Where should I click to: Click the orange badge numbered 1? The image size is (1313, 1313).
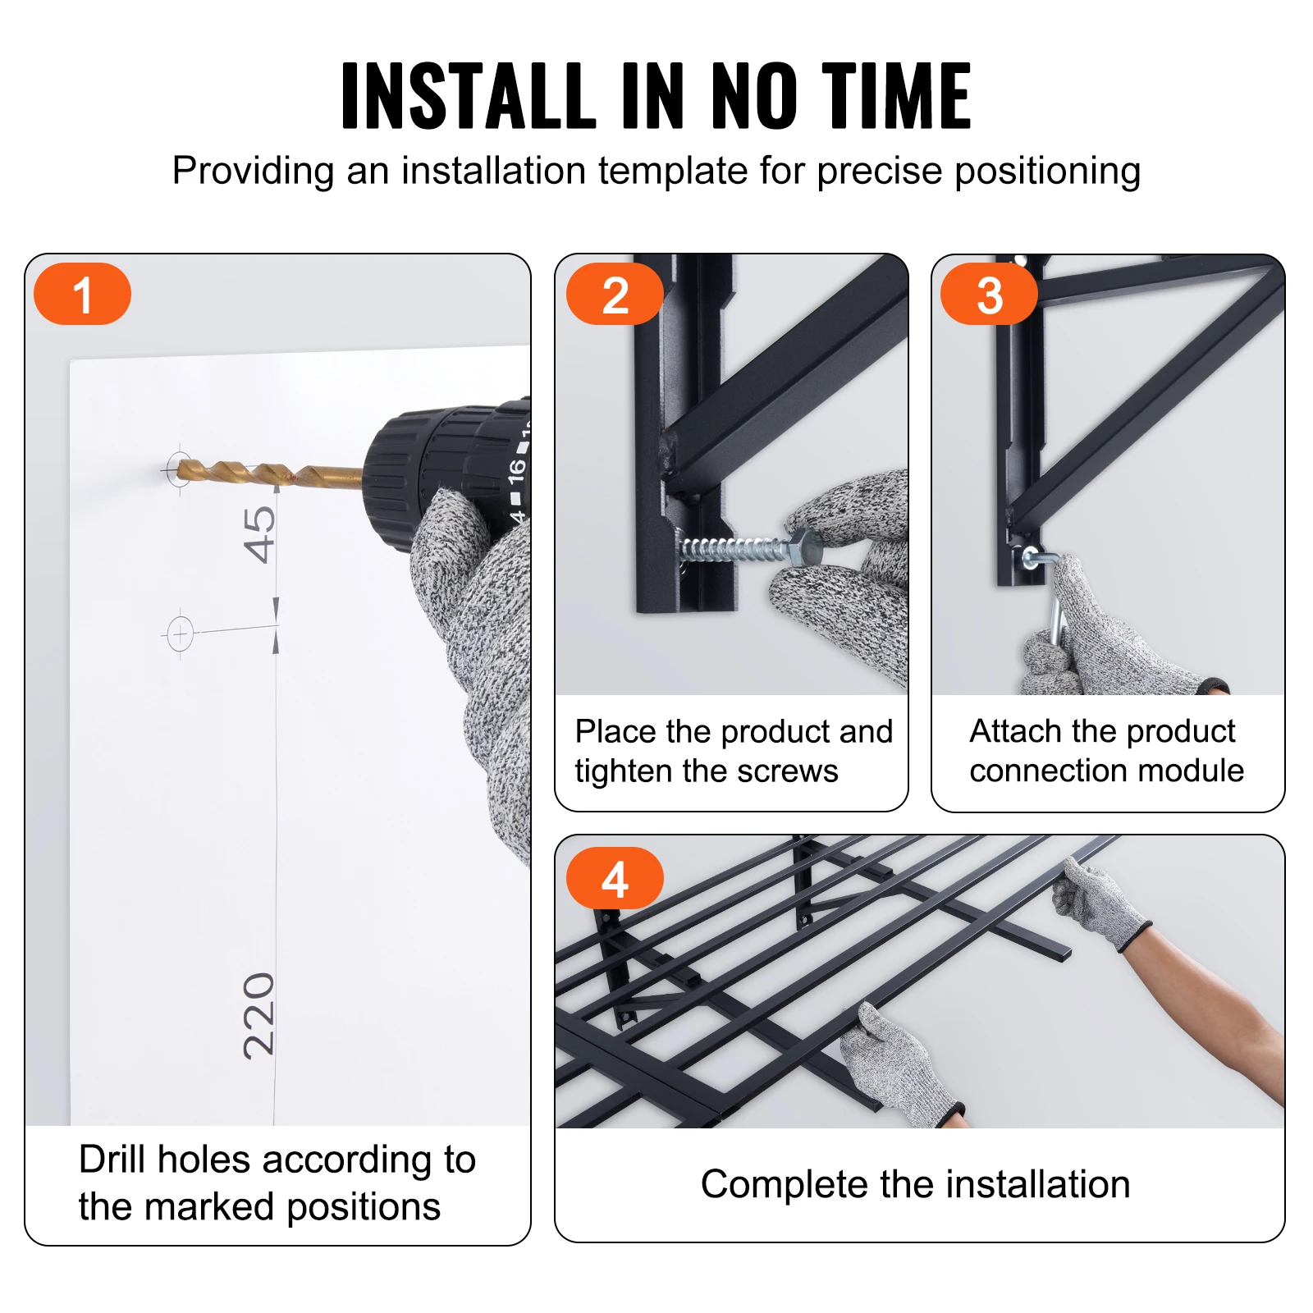[82, 294]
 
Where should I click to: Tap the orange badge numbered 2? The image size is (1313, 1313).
[615, 294]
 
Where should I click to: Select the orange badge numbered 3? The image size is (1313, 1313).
[989, 294]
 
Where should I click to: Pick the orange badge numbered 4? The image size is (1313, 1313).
[615, 879]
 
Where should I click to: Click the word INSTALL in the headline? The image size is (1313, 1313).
[468, 96]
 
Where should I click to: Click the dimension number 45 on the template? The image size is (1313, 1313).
[260, 534]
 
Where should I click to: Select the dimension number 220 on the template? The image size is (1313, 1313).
[259, 1015]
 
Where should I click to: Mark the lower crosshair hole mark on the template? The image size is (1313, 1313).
[180, 634]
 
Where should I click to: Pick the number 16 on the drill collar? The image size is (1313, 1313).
[516, 469]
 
